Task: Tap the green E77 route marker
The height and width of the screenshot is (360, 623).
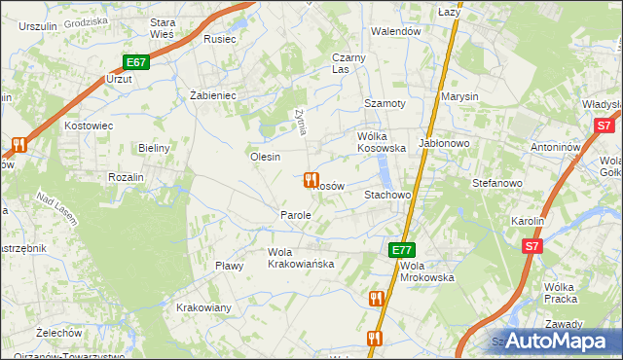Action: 403,250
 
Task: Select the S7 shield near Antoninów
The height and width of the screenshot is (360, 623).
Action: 604,126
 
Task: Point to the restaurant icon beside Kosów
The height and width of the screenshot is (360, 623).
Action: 310,180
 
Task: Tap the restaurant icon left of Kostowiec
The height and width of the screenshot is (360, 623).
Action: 18,146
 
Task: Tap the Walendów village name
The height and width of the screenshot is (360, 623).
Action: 395,31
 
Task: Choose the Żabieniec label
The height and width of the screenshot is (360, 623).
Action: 213,95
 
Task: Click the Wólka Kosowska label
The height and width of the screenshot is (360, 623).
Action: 382,142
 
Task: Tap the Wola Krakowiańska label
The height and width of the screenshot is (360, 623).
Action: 301,258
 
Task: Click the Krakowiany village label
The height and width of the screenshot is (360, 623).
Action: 203,308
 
